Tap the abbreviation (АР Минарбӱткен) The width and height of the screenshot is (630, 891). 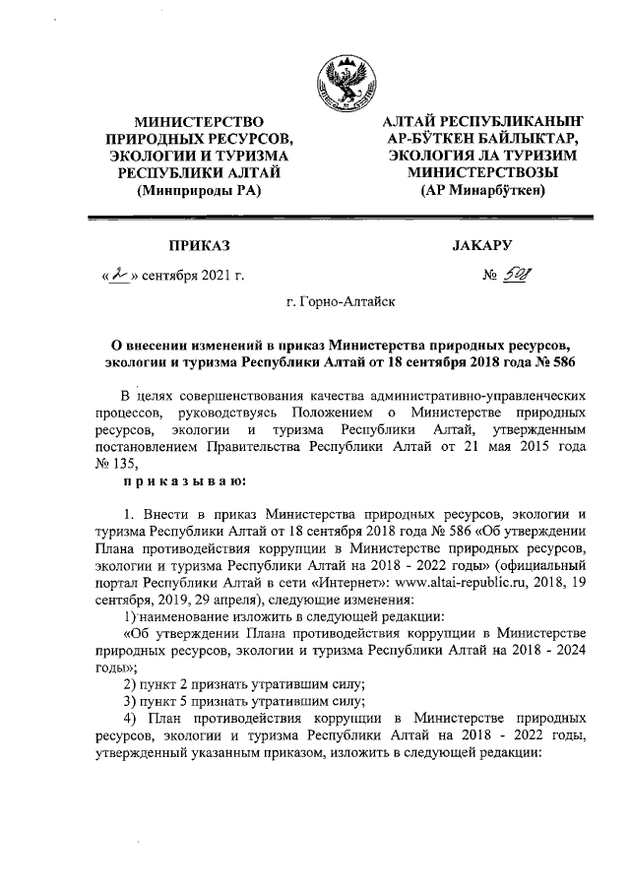tap(480, 191)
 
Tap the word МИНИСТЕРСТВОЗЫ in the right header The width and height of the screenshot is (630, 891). tap(481, 173)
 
